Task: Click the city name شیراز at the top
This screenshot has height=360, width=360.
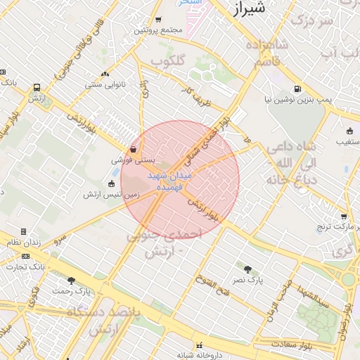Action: point(250,8)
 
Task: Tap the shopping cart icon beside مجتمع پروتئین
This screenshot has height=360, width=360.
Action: point(158,20)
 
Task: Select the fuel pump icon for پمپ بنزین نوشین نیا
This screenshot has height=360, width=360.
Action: point(298,89)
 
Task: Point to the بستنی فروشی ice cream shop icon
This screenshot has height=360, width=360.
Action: point(134,149)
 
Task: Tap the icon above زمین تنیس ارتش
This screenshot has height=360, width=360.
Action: point(110,184)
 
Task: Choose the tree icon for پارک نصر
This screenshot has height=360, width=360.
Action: point(247,269)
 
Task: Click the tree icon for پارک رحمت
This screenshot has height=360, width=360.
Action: point(71,281)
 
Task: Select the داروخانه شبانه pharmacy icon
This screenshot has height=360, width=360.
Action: point(200,345)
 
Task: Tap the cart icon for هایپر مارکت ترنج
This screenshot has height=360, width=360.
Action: point(343,217)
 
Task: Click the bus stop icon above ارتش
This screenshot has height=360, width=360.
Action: point(37,88)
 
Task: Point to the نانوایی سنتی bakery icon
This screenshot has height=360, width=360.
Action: point(105,74)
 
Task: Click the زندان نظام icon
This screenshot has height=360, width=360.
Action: point(23,231)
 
